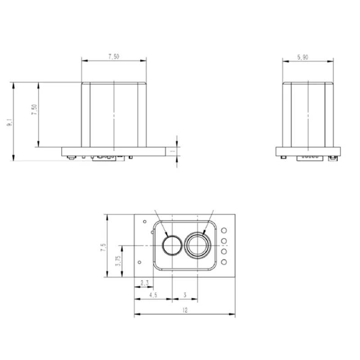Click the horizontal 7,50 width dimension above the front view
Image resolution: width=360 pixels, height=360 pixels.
(x=114, y=57)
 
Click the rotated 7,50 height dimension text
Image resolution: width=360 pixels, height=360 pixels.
(x=34, y=110)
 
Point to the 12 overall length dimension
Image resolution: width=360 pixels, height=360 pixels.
(x=184, y=310)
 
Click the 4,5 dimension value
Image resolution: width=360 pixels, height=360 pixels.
(x=153, y=295)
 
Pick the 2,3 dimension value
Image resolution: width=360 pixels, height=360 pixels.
(x=144, y=283)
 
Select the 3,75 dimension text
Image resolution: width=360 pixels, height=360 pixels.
(x=118, y=261)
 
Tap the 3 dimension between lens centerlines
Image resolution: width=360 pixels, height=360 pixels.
(x=184, y=295)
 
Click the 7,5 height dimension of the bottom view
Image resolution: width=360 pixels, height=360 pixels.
(x=103, y=247)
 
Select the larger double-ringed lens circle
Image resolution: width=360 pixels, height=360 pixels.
(x=199, y=245)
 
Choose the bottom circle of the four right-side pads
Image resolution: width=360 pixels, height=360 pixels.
(x=224, y=261)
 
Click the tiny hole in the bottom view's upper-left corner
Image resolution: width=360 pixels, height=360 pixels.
(x=144, y=221)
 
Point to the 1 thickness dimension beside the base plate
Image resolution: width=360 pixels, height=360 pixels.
(x=173, y=152)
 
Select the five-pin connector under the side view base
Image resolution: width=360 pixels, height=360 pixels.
(x=310, y=157)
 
